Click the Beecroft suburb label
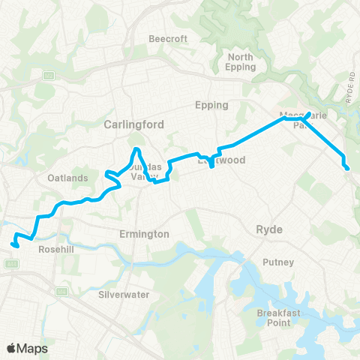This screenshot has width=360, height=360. tap(161, 37)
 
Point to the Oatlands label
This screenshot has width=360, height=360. tap(68, 178)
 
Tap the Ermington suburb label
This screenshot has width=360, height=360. tap(144, 235)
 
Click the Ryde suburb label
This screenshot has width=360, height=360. tap(268, 229)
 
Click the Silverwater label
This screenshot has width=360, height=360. tap(124, 295)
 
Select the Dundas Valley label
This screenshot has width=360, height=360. tap(136, 172)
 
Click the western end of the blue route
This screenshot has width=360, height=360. tap(13, 243)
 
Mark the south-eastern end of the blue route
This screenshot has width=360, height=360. tap(347, 169)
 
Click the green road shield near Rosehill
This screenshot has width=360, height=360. tap(11, 264)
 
